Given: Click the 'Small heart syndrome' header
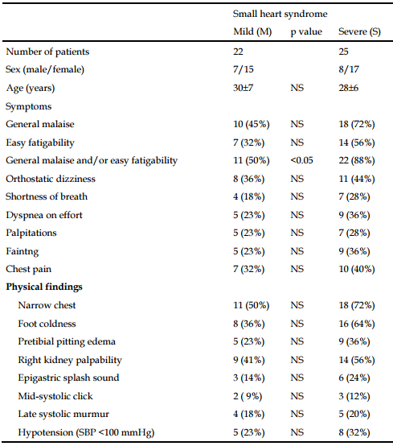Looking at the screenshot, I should (274, 14).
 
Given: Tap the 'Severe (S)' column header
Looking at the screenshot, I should (361, 32).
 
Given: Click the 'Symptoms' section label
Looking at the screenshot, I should (28, 106).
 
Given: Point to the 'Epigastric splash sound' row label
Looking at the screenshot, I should (68, 378).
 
